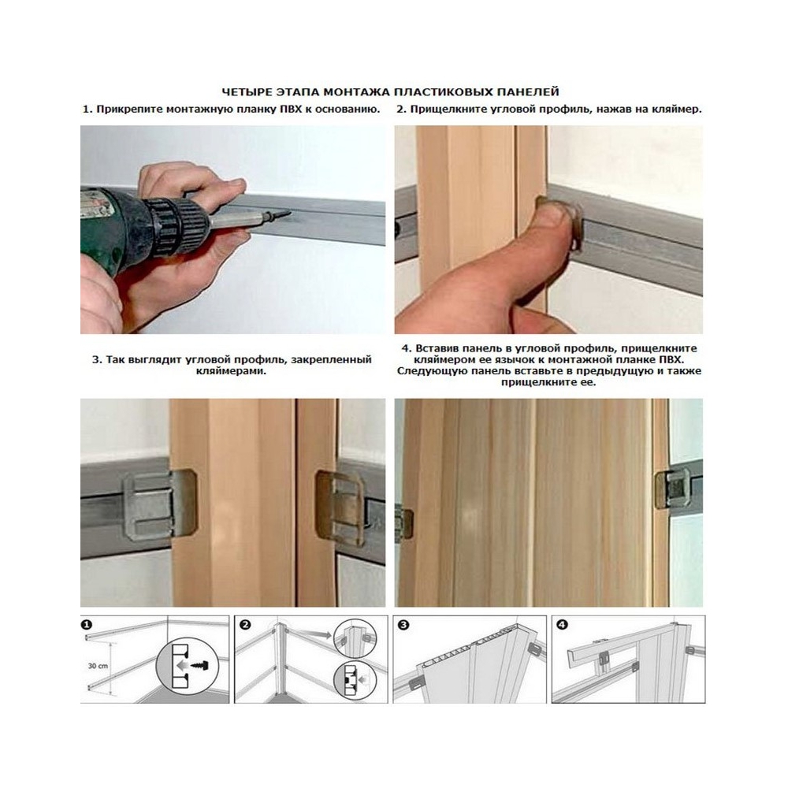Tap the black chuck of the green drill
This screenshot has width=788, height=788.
[x=176, y=225]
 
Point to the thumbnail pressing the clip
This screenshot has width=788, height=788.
[x=554, y=214]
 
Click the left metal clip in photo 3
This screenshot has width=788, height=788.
[x=159, y=504]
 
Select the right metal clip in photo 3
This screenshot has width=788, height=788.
[x=338, y=504]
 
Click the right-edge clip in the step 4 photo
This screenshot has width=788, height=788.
[x=672, y=489]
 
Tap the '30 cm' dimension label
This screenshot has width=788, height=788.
[x=98, y=666]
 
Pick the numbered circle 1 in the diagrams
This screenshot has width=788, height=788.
[x=87, y=625]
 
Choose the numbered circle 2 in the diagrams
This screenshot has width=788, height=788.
[x=245, y=625]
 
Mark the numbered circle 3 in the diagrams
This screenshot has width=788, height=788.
[x=403, y=625]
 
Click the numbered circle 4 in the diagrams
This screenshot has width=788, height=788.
[x=563, y=625]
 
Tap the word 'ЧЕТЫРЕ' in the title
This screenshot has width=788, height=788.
[x=247, y=92]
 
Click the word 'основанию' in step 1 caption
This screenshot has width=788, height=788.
[x=348, y=109]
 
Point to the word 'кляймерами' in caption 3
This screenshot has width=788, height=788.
[x=231, y=372]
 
